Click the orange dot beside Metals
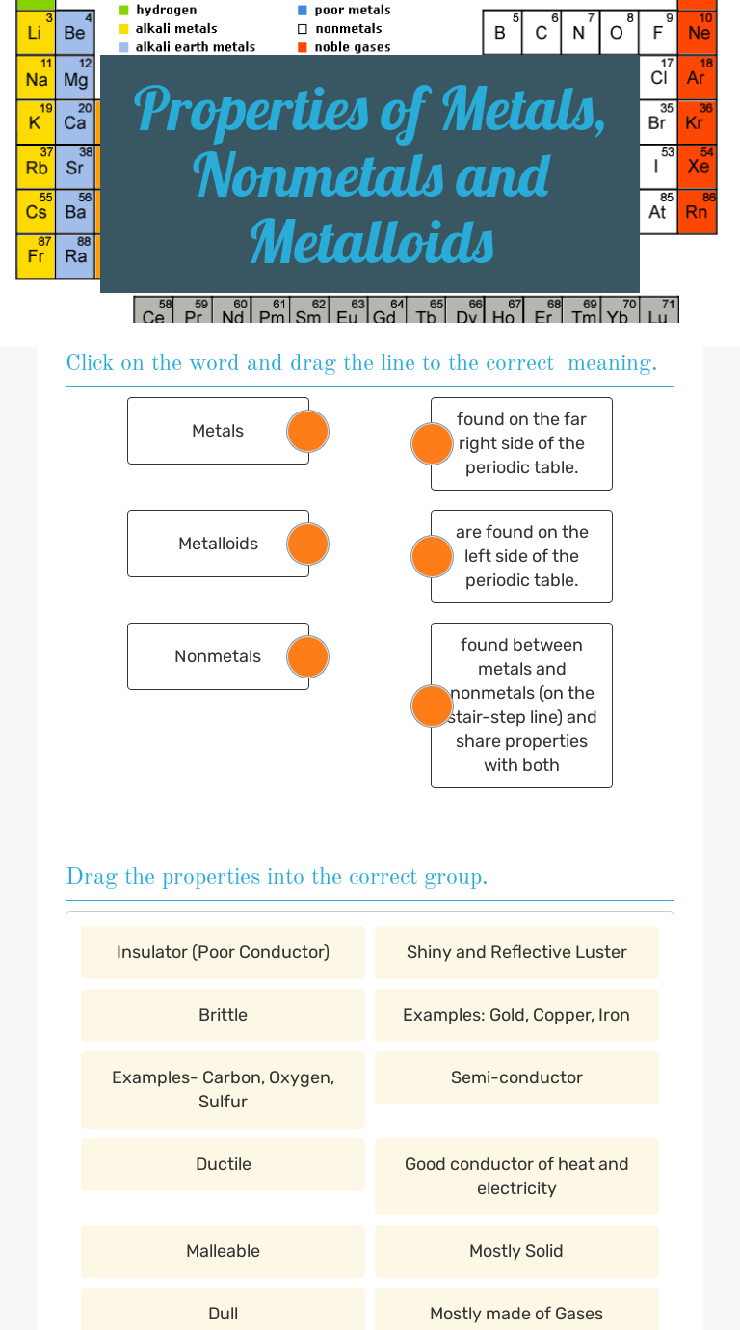308,431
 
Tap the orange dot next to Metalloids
308,544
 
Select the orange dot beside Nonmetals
308,656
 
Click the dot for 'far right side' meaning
432,443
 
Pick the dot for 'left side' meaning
432,556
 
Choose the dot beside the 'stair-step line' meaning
432,705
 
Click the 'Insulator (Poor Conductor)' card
223,952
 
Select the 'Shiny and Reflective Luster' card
516,952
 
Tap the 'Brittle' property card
223,1015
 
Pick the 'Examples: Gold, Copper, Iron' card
516,1015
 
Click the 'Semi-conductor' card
516,1077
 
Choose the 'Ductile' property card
223,1164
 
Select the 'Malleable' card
223,1251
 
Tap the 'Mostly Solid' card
516,1251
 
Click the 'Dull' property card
223,1313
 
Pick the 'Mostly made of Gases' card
516,1313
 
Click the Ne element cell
699,32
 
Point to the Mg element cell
75,78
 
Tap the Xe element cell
699,166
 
